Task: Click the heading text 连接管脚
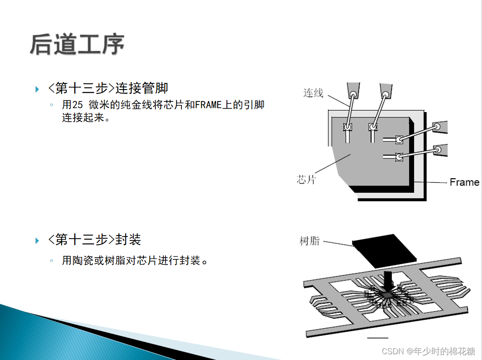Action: click(x=142, y=88)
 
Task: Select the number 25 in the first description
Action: click(x=77, y=105)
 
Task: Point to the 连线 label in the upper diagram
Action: click(x=313, y=93)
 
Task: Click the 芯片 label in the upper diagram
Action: click(x=306, y=180)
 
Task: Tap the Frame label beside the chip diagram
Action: click(x=464, y=182)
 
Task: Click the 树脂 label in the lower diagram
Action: click(x=309, y=241)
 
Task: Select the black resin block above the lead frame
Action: click(x=385, y=250)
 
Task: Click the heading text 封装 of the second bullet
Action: click(x=128, y=240)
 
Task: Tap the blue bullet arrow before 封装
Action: click(x=37, y=241)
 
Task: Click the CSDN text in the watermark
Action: click(x=393, y=351)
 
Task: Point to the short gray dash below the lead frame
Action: click(x=378, y=338)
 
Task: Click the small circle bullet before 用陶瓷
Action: click(x=52, y=261)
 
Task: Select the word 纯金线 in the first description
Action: click(x=135, y=105)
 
